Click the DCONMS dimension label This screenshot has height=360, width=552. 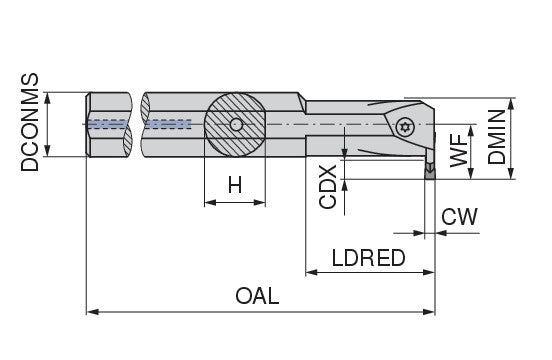coord(29,122)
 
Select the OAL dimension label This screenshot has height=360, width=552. coord(257,296)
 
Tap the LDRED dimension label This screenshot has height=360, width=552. coord(369,258)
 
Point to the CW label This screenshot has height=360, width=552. coord(459,216)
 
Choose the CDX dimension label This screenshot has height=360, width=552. coord(328,187)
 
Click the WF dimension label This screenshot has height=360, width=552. coord(459,150)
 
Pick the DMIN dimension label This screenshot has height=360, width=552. coord(496,137)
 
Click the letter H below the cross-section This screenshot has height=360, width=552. coord(235,185)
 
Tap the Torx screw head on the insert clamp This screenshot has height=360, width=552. coord(404,127)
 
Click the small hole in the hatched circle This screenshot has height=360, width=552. coord(236,125)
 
